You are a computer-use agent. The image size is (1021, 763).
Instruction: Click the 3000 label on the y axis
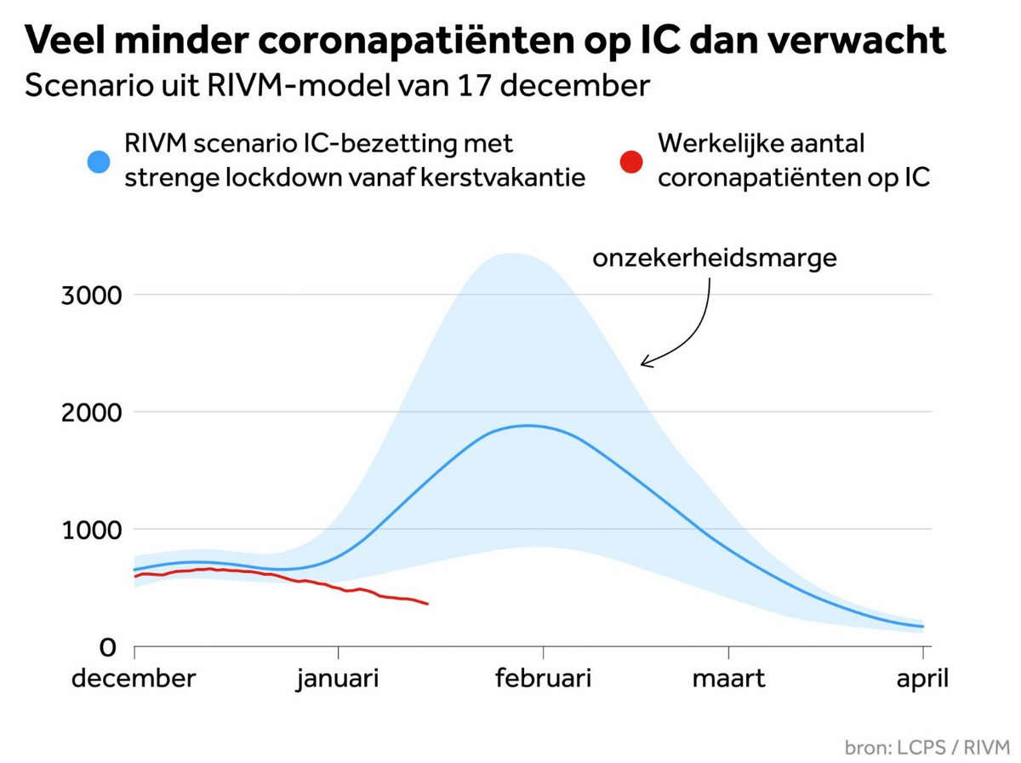(x=91, y=295)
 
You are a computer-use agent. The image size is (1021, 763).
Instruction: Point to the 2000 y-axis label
(x=91, y=412)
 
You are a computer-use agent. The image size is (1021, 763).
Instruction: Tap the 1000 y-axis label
(x=91, y=530)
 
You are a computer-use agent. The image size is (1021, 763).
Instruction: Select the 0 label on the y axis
(x=107, y=647)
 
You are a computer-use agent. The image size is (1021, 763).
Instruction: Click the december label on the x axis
(x=134, y=679)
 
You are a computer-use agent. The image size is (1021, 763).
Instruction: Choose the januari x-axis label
(x=337, y=680)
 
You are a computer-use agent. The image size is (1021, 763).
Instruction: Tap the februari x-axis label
(x=543, y=679)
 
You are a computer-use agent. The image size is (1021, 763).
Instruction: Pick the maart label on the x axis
(x=728, y=679)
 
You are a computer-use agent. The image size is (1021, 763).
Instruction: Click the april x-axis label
(x=922, y=680)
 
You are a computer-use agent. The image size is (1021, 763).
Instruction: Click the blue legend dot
(x=99, y=162)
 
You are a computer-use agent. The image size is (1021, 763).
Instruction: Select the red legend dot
(x=631, y=162)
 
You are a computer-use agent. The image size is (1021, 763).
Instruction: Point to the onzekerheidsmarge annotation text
(x=715, y=258)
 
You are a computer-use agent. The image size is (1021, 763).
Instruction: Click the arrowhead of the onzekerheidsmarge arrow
(x=643, y=363)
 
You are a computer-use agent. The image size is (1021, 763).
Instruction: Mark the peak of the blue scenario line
(x=527, y=426)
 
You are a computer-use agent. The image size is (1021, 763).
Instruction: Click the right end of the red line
(x=427, y=605)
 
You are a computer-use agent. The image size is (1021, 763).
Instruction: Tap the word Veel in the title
(x=65, y=40)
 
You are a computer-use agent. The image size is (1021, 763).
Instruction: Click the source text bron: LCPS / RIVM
(x=927, y=748)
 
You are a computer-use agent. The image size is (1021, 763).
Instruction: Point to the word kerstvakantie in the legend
(x=503, y=177)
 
